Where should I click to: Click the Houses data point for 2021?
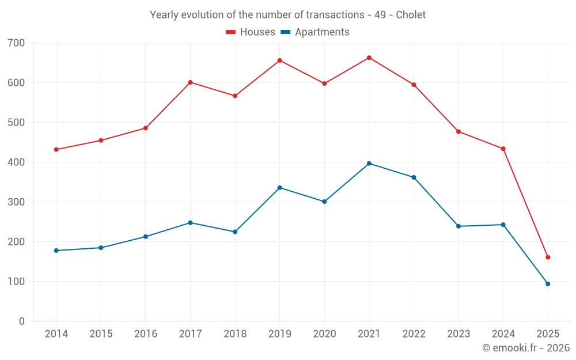click(369, 58)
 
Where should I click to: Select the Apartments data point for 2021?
click(369, 164)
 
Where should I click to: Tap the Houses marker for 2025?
click(548, 257)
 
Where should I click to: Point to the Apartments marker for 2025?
click(548, 284)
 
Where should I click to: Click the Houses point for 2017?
click(190, 82)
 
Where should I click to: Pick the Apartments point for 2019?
click(280, 188)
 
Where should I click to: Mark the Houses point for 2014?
click(56, 150)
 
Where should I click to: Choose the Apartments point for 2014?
click(56, 251)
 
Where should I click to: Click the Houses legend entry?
click(251, 32)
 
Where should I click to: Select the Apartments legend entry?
click(315, 32)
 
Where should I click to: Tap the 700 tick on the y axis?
click(17, 43)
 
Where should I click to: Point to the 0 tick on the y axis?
click(22, 321)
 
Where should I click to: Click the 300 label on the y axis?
click(17, 202)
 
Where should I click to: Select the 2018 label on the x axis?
click(235, 334)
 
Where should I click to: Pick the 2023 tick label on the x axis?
click(458, 334)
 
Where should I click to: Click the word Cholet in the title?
click(411, 15)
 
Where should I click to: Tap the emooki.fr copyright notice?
click(525, 348)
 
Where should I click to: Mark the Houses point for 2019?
click(280, 60)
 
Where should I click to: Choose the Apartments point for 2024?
click(503, 225)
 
